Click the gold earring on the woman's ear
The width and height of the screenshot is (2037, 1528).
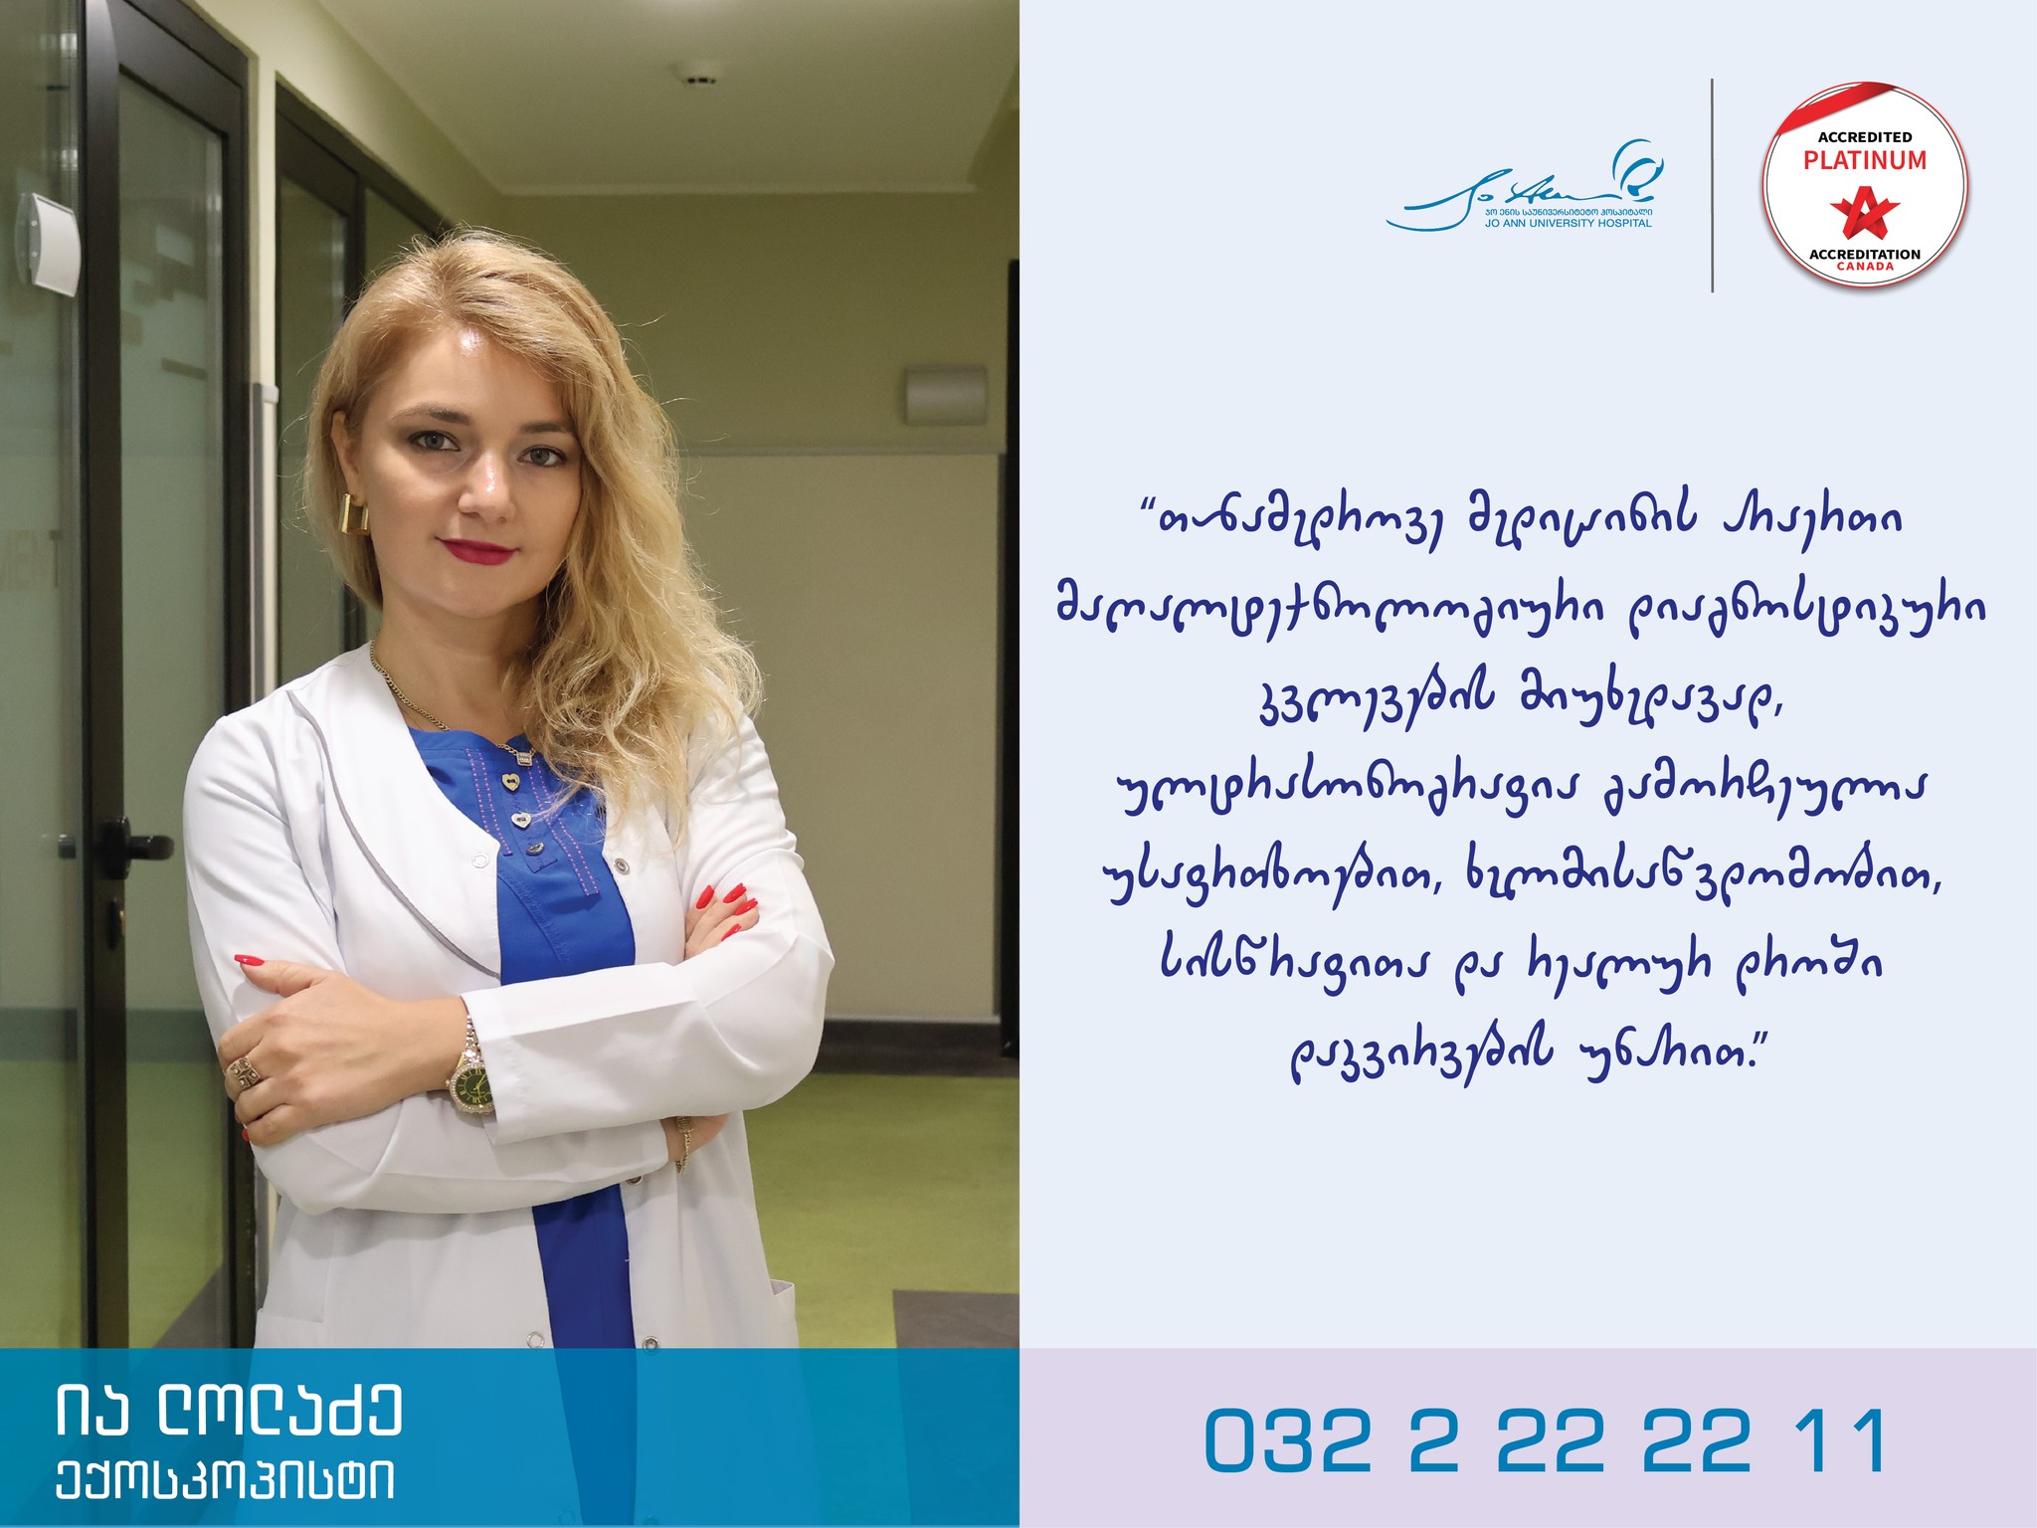(x=352, y=513)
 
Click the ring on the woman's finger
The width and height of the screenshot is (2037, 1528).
(x=244, y=1072)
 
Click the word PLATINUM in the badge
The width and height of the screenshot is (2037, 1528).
(x=1865, y=160)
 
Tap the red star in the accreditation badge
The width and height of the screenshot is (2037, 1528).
(x=1865, y=212)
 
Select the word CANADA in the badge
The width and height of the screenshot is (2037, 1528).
(x=1865, y=267)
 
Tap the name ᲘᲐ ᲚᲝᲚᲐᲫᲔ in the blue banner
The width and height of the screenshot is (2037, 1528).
(x=229, y=1409)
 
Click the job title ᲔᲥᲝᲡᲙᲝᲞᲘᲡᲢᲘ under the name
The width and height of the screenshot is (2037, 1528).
(x=225, y=1481)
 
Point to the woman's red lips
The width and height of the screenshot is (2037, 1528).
(x=478, y=548)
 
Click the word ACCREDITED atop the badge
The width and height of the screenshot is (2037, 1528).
(x=1865, y=137)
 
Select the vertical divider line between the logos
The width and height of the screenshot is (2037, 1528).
(x=1712, y=185)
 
